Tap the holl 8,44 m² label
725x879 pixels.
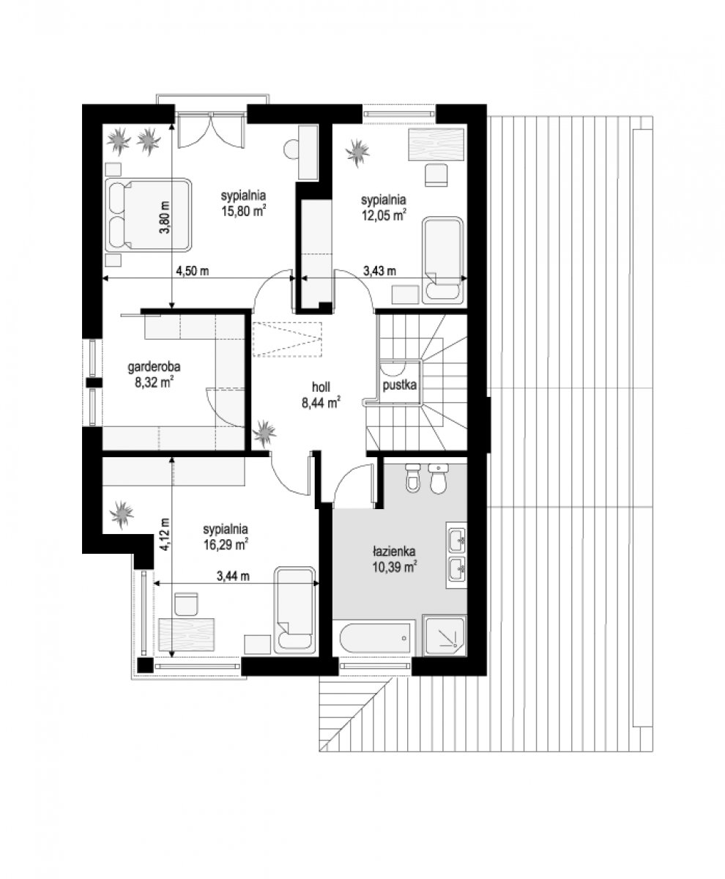point(321,396)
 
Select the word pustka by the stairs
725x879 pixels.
point(400,385)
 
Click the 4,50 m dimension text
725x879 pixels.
point(192,271)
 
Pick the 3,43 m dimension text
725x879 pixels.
point(379,271)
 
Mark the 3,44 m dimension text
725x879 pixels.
point(233,576)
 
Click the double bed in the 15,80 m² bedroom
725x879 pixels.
point(148,215)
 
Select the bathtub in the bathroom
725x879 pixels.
point(375,639)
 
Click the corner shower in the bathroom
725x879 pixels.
point(445,636)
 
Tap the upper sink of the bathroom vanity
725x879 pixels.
point(457,539)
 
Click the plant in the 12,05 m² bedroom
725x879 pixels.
point(357,153)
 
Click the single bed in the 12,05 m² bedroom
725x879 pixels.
point(442,260)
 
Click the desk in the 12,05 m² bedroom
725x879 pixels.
point(436,144)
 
